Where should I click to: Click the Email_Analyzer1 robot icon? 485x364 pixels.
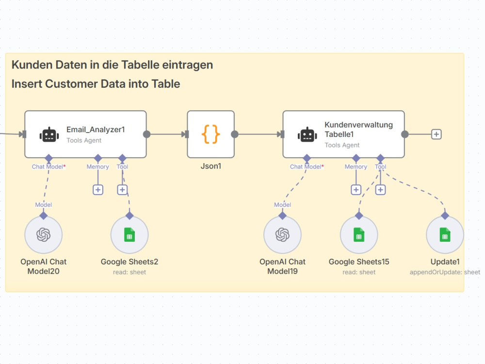click(49, 135)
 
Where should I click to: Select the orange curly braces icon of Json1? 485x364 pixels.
click(210, 134)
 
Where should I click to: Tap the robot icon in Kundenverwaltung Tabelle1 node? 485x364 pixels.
click(307, 135)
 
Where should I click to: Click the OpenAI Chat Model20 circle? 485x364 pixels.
click(44, 234)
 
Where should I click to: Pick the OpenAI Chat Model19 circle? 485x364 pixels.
click(282, 234)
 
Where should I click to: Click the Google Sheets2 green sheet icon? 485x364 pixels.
click(129, 234)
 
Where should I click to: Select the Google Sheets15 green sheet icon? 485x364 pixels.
click(359, 234)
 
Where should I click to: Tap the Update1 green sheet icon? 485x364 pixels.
click(445, 234)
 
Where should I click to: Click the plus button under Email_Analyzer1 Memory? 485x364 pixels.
click(98, 190)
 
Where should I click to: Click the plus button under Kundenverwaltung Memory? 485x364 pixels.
click(356, 190)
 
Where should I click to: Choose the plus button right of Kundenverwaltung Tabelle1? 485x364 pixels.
click(436, 134)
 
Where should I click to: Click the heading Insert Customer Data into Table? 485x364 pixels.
click(96, 84)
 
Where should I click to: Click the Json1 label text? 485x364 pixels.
click(211, 166)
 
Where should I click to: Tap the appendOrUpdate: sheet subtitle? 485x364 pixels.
click(445, 272)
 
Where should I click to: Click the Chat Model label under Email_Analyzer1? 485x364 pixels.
click(48, 166)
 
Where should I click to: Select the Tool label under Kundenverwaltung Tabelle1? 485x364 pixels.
click(380, 166)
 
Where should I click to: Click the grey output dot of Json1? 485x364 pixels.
click(235, 134)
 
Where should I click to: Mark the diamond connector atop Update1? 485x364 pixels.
click(445, 215)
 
